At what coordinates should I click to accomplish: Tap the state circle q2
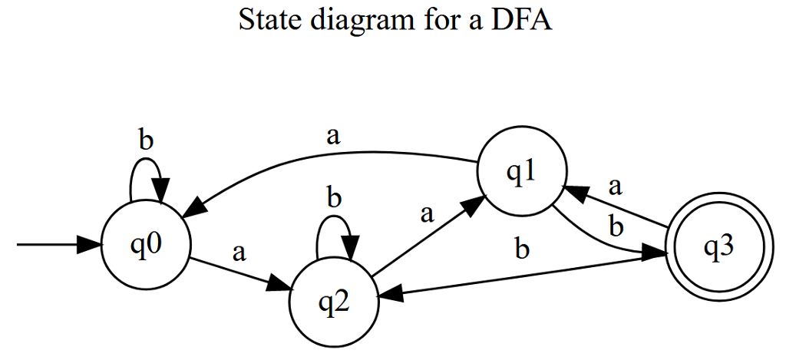[333, 301]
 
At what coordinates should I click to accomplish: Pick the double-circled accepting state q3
[718, 249]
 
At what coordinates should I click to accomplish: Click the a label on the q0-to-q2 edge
[239, 253]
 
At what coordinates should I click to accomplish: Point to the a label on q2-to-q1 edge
[427, 213]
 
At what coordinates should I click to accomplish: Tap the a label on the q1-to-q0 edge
[332, 137]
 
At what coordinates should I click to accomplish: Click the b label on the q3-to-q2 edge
[522, 251]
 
